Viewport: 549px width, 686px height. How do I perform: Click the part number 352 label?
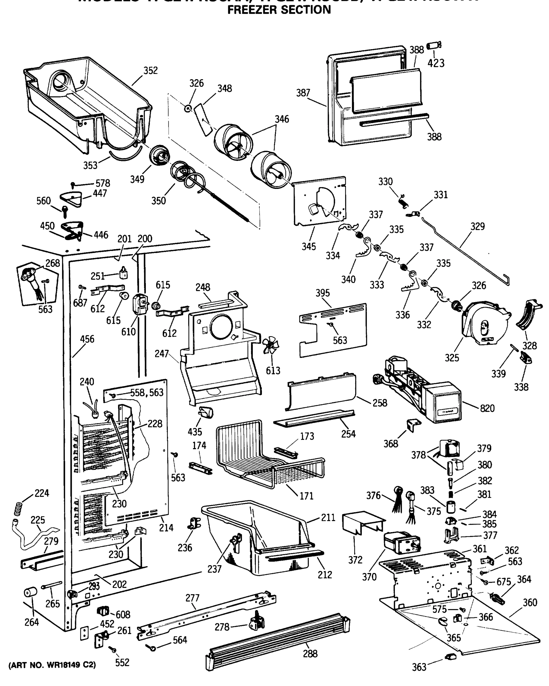(x=150, y=70)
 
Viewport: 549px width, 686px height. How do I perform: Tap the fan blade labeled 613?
(x=270, y=345)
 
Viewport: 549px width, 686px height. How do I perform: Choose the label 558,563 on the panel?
(x=147, y=392)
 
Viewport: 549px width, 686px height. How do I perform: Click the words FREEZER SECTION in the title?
(x=279, y=10)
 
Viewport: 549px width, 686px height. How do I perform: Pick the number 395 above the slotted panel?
(x=323, y=293)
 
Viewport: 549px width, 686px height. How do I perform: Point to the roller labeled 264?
(x=31, y=593)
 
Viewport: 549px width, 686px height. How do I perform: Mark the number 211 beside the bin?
(x=328, y=518)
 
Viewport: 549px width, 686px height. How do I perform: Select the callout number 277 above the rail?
(x=192, y=598)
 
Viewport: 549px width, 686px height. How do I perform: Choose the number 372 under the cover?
(x=355, y=560)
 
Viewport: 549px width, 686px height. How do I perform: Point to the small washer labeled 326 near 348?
(x=188, y=109)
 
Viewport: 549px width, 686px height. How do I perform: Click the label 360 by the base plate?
(x=530, y=602)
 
